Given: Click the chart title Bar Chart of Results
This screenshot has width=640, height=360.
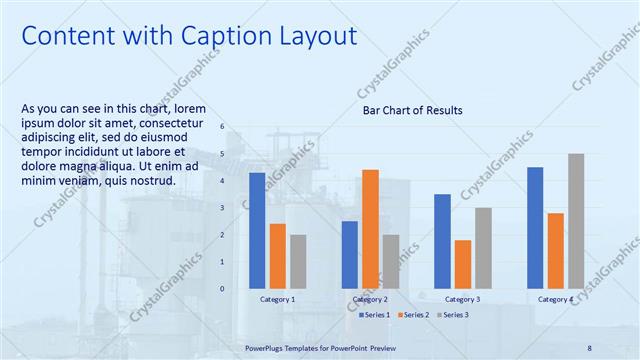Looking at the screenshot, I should [x=412, y=110].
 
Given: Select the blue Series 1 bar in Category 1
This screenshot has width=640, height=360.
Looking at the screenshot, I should [x=257, y=230].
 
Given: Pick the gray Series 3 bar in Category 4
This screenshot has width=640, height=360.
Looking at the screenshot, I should [x=576, y=221].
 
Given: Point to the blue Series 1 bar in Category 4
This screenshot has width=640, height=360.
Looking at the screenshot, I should [x=535, y=227].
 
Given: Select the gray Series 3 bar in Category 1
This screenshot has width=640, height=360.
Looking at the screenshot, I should [x=298, y=261].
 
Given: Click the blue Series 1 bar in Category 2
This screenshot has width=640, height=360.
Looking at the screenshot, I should [x=349, y=254].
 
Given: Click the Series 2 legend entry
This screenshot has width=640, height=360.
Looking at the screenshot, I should [x=415, y=315].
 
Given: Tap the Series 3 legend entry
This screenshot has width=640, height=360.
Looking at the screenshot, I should [x=452, y=315].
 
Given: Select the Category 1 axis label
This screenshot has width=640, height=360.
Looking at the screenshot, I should [x=277, y=299].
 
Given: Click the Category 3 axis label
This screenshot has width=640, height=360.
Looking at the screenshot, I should [x=462, y=299].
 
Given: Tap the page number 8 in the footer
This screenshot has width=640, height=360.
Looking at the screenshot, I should [x=589, y=347].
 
